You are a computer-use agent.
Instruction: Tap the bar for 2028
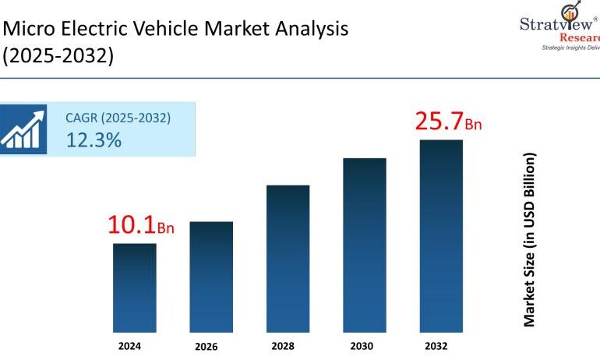point(288,256)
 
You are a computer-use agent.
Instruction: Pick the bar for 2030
point(365,242)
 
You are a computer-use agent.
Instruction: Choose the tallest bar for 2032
point(441,234)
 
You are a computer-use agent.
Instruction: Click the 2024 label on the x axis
point(135,345)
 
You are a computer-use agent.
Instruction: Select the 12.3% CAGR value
point(94,140)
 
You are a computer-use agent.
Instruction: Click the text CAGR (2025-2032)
point(118,118)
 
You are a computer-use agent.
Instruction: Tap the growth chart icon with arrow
point(23,129)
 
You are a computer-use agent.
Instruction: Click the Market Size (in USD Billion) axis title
point(530,239)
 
